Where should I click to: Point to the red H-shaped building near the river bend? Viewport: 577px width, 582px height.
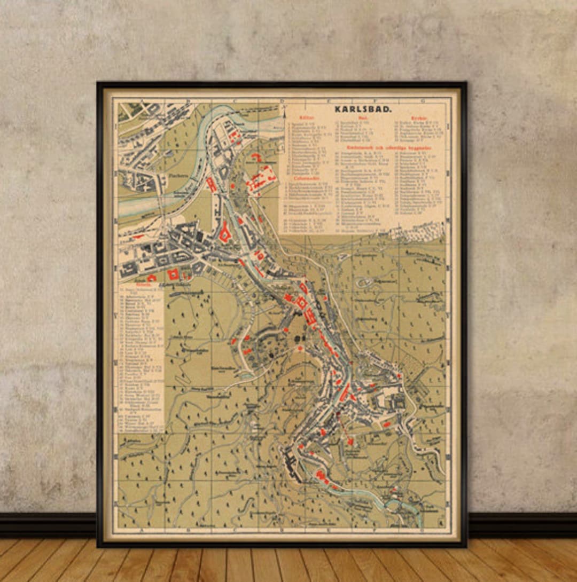point(212,185)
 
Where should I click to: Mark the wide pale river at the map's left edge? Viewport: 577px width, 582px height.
point(134,206)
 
